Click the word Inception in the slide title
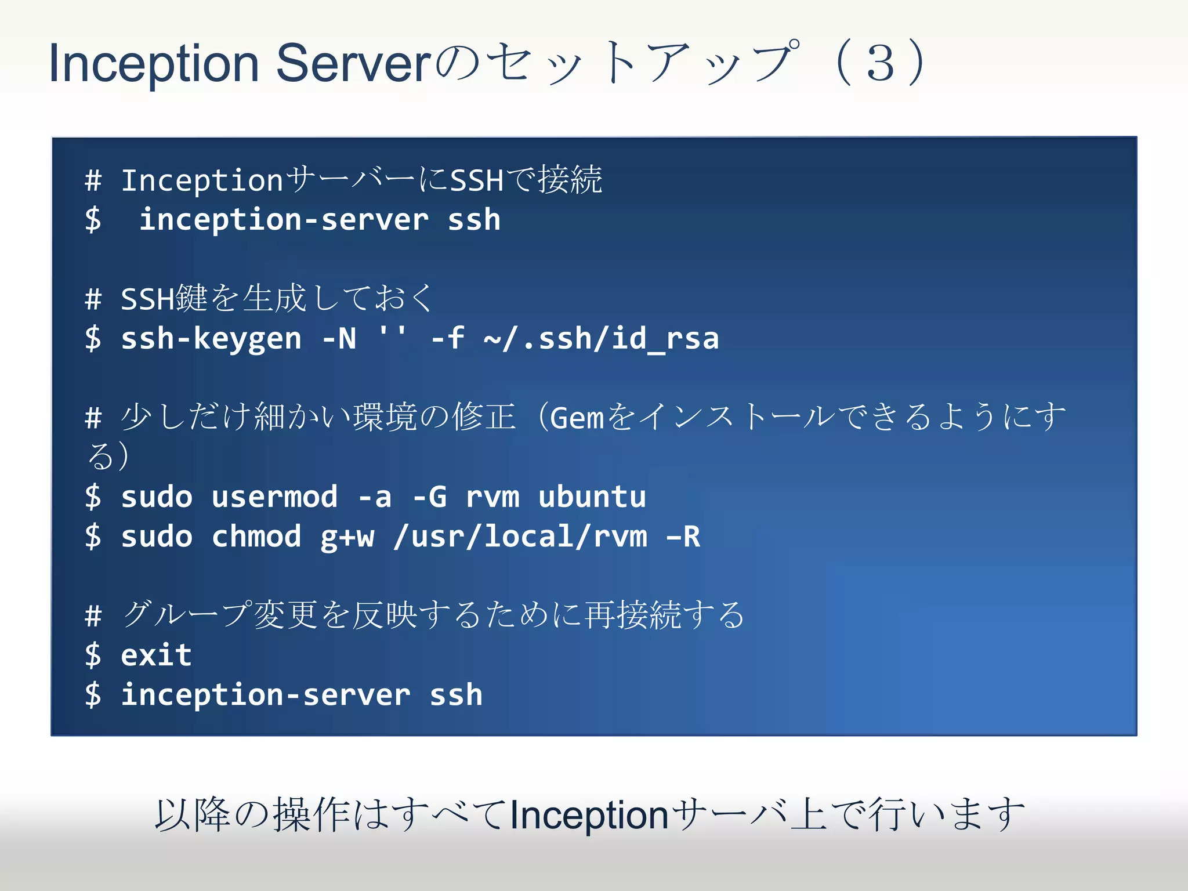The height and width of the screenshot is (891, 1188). pos(154,64)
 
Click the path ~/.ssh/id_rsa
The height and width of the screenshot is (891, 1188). pos(601,339)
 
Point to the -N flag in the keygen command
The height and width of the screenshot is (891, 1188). pos(339,339)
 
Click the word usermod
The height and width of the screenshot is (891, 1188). pos(274,497)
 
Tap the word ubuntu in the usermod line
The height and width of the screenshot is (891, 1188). pos(592,497)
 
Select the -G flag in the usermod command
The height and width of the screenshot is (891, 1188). pos(429,497)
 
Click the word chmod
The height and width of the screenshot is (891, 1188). pos(256,537)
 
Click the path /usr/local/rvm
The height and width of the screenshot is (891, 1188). pos(520,537)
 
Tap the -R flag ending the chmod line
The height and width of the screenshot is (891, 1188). pos(683,537)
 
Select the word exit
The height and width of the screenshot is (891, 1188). pos(156,655)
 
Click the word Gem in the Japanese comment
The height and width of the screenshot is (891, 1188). pos(577,418)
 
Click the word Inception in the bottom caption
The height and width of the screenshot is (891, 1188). pos(589,815)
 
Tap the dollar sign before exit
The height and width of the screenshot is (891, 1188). pos(93,655)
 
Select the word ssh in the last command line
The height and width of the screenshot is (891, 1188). pos(456,695)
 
